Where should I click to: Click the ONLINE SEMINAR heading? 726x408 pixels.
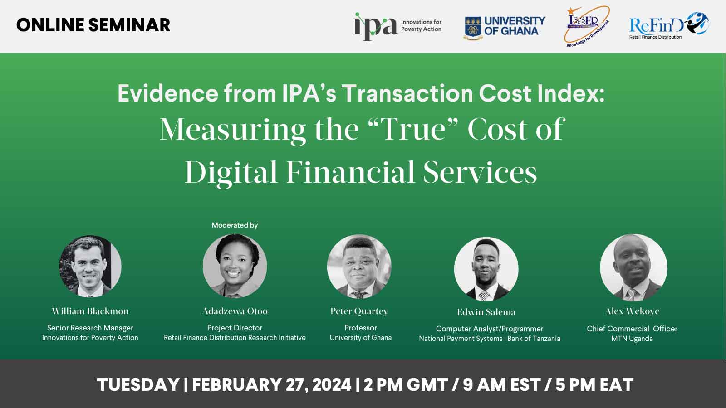93,25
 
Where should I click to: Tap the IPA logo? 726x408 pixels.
397,26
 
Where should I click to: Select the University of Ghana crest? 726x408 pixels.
473,28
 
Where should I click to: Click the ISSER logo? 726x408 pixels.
587,26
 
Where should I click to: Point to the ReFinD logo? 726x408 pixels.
669,25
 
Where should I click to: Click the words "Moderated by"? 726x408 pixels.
235,225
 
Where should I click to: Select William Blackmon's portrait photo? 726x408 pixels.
90,266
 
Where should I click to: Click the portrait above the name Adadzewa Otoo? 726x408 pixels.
235,266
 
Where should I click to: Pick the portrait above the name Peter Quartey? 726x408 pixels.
359,267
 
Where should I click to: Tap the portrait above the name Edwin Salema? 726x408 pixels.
486,269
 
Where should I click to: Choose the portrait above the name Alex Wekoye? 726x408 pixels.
633,267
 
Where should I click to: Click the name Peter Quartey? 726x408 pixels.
359,311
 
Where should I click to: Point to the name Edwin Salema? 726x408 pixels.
486,312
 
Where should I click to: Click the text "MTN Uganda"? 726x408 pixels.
632,339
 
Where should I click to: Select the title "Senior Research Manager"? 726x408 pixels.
90,328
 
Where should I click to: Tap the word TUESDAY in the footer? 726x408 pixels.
138,385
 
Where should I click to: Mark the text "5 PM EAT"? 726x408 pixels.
594,385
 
